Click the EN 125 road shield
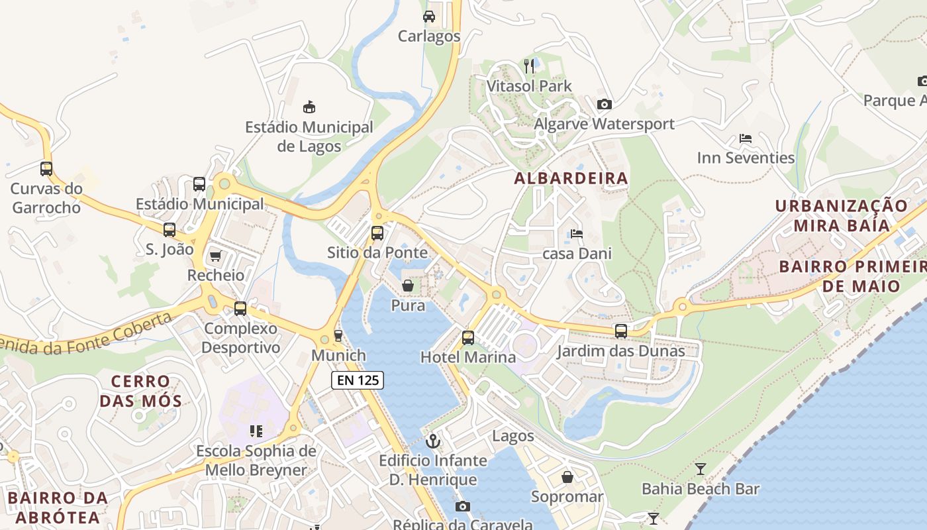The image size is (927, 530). pos(357,380)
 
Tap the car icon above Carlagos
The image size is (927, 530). pos(429,17)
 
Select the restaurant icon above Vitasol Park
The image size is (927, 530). pos(528,66)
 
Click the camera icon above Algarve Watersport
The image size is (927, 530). pos(604,104)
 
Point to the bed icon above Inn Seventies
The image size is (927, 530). pos(746,138)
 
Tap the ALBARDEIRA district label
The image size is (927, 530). pos(571,178)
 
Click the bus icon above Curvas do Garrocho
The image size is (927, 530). pos(46,168)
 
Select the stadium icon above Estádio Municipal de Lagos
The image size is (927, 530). pos(309,106)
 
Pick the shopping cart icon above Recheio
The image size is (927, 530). pos(215,255)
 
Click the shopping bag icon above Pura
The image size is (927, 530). pos(408,286)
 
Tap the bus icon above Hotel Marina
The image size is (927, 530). pos(467,338)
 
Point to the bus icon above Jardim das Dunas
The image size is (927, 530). pos(620,331)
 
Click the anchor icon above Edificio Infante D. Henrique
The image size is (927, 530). pos(433,441)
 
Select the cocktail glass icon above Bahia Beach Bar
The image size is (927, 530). pos(701,469)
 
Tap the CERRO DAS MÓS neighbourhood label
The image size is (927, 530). pos(140,391)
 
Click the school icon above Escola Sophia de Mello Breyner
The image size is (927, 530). pos(256,431)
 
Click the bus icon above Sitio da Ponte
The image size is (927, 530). pos(377,233)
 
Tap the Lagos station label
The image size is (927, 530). pos(513,436)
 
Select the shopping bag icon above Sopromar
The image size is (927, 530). pos(567,477)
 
